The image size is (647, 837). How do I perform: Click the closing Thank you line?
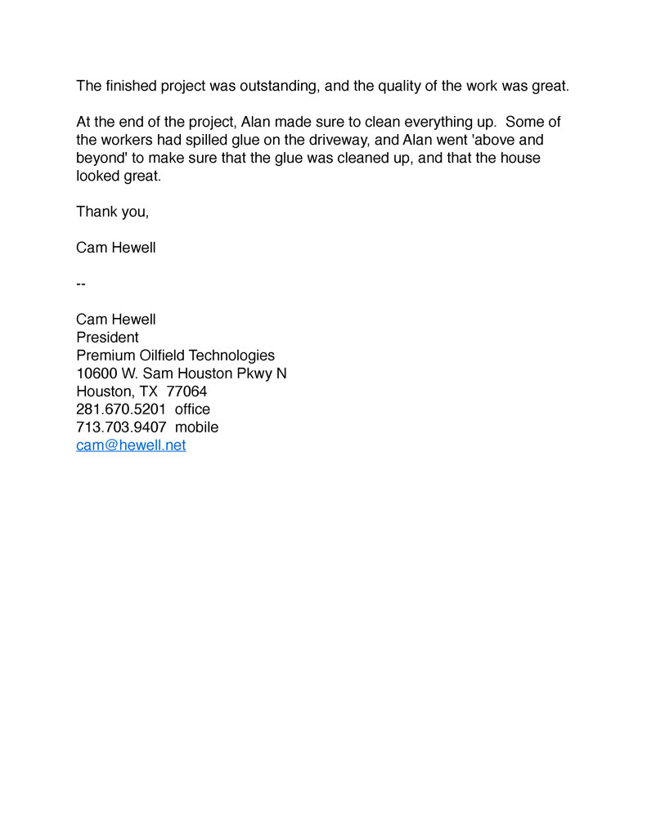point(112,212)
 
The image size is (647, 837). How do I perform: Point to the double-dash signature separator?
point(81,284)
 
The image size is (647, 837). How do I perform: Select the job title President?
point(107,338)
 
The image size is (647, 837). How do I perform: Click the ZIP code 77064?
point(186,392)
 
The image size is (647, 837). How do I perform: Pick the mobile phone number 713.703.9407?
point(121,427)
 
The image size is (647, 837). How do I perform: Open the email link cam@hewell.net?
point(131,445)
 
